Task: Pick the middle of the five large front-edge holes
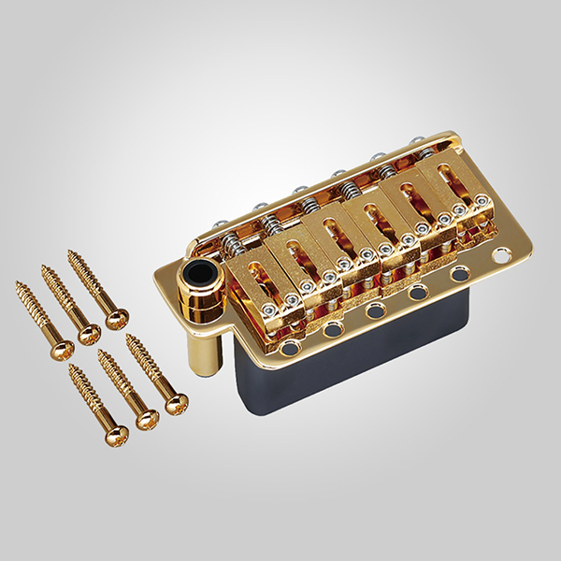point(375,312)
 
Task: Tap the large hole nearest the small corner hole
point(460,275)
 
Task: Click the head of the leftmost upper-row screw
point(63,349)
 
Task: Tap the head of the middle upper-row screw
point(90,334)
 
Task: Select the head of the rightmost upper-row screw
point(117,319)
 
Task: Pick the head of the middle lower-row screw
point(148,419)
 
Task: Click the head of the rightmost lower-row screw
point(176,403)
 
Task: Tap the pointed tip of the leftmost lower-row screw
point(71,367)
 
